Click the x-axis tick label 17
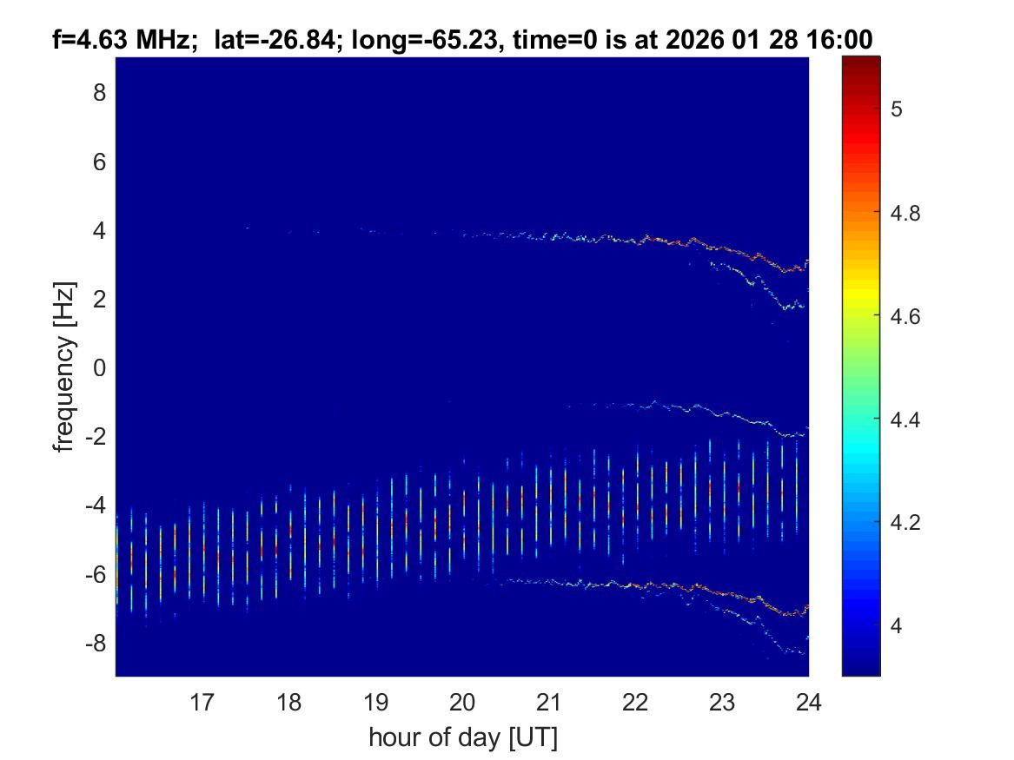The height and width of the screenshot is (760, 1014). point(202,701)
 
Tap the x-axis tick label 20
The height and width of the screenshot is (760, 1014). point(462,701)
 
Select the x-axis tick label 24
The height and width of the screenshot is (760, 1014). point(808,701)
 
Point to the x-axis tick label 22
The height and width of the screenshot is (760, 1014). point(635,701)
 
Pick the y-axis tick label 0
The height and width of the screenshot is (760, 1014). point(99,367)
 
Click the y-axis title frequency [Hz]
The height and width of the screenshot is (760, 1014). point(63,367)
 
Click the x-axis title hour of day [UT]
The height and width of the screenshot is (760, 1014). point(462,737)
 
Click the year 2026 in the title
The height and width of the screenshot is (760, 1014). point(707,40)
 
